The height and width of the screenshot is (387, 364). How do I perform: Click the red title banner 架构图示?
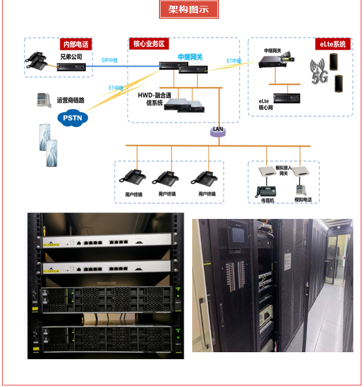(x=188, y=10)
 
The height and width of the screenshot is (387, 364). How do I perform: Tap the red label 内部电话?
(x=75, y=44)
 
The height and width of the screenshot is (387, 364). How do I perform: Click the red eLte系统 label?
(x=332, y=44)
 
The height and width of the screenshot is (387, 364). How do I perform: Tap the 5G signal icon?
(x=320, y=73)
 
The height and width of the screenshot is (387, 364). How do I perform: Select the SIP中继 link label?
(x=109, y=60)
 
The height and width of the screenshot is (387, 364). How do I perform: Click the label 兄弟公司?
(x=71, y=56)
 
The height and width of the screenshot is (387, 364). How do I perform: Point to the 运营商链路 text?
(x=71, y=100)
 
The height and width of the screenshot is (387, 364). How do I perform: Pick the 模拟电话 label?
(x=303, y=200)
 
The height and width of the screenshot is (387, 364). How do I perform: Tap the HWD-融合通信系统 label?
(x=151, y=98)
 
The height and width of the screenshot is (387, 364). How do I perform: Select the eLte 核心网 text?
(x=266, y=104)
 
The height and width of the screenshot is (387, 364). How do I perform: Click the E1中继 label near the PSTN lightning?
(x=116, y=87)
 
